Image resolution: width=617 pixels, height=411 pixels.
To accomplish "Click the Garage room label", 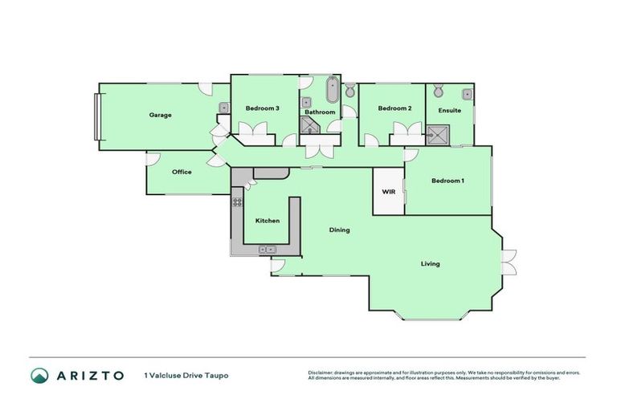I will pyautogui.click(x=160, y=115).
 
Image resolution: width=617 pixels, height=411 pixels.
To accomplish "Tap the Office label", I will pyautogui.click(x=182, y=171).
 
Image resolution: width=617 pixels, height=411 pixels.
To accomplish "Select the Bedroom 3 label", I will pyautogui.click(x=263, y=108).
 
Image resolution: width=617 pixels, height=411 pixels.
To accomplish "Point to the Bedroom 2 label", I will pyautogui.click(x=394, y=108).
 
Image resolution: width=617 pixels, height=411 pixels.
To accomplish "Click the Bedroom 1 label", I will pyautogui.click(x=447, y=181).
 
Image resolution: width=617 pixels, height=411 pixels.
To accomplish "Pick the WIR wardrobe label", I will pyautogui.click(x=388, y=192).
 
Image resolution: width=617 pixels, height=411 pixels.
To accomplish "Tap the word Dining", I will pyautogui.click(x=339, y=230).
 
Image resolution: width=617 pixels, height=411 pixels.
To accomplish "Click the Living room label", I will pyautogui.click(x=431, y=263).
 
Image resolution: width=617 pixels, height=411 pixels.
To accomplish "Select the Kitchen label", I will pyautogui.click(x=267, y=220).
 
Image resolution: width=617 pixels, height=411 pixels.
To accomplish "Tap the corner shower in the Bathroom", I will pyautogui.click(x=308, y=124).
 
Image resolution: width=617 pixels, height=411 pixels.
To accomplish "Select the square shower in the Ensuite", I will pyautogui.click(x=438, y=134).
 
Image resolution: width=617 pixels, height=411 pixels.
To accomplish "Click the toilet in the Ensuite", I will pyautogui.click(x=439, y=91).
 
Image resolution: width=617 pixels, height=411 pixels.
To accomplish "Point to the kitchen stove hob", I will pyautogui.click(x=237, y=201).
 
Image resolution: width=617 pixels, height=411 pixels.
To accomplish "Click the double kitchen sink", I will pyautogui.click(x=268, y=250).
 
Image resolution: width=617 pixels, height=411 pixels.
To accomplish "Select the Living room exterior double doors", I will pyautogui.click(x=508, y=262).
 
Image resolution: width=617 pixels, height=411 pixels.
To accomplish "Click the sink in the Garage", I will pyautogui.click(x=223, y=108).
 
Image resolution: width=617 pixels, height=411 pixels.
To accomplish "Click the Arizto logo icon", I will pyautogui.click(x=39, y=375).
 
